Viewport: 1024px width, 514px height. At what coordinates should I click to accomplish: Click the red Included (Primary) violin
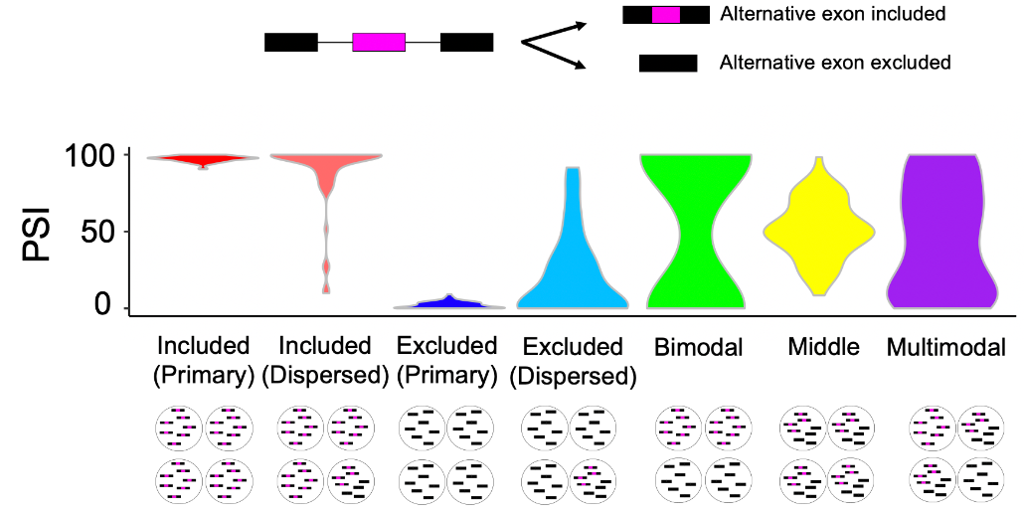tap(203, 159)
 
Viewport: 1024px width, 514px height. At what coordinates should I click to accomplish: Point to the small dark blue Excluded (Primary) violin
tap(447, 302)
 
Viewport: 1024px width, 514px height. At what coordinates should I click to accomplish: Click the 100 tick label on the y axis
tap(90, 156)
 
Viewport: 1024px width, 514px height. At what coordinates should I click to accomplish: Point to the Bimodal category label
tap(698, 347)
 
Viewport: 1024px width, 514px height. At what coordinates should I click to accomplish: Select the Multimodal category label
tap(945, 347)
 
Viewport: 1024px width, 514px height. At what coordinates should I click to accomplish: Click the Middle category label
tap(823, 347)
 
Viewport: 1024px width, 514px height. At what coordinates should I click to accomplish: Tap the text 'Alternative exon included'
tap(832, 15)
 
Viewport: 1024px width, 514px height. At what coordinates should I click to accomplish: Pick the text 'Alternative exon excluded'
tap(835, 63)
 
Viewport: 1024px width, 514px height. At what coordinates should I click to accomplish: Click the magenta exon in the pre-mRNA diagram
tap(379, 42)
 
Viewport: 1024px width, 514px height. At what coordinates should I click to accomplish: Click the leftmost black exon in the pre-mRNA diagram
tap(290, 42)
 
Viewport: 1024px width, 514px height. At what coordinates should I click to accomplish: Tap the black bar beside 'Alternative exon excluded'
tap(667, 64)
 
